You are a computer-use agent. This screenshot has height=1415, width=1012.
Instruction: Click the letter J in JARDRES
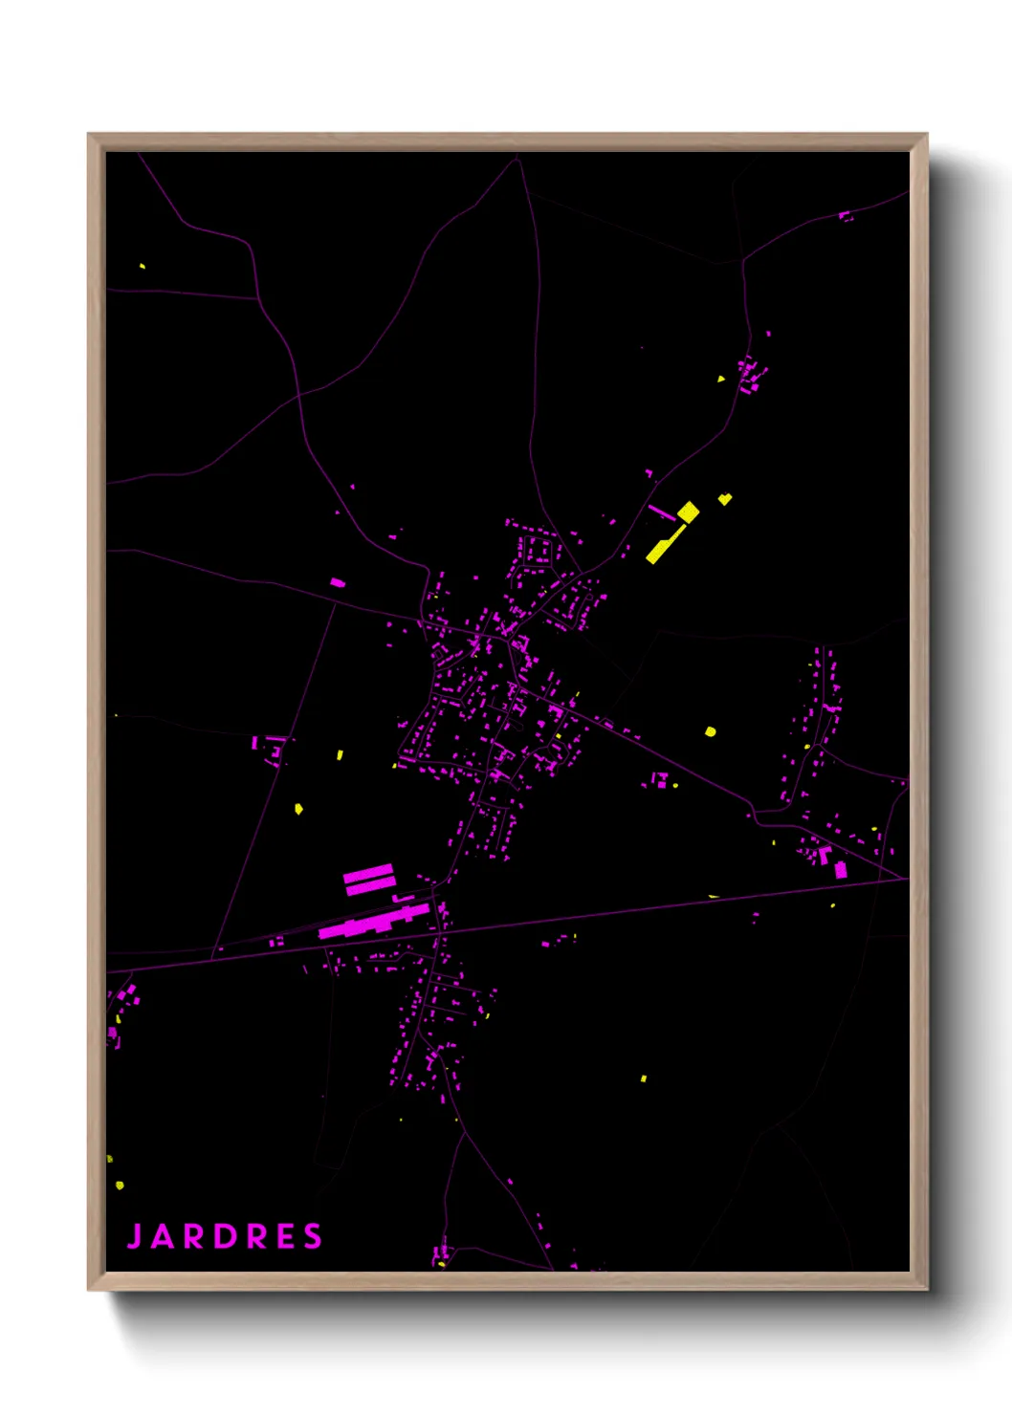pos(135,1236)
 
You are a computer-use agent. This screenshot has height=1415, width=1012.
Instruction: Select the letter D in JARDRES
pos(226,1236)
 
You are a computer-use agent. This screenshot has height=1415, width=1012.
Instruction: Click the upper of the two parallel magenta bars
pos(368,872)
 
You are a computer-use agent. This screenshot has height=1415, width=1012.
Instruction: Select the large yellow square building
pos(688,512)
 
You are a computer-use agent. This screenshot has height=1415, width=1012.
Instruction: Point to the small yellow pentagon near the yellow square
pos(725,498)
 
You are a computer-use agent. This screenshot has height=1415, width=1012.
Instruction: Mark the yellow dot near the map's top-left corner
pos(143,266)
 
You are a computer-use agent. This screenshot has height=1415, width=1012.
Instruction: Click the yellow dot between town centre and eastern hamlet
pos(710,731)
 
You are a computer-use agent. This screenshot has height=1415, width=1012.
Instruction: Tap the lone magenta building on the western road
pos(337,581)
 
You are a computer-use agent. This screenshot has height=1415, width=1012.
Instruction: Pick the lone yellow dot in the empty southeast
pos(644,1078)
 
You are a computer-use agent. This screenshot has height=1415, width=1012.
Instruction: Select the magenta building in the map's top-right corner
pos(845,216)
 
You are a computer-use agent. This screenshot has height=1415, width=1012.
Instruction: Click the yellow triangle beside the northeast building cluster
pos(721,379)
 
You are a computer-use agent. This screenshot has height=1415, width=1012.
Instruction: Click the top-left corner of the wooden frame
pos(90,136)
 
